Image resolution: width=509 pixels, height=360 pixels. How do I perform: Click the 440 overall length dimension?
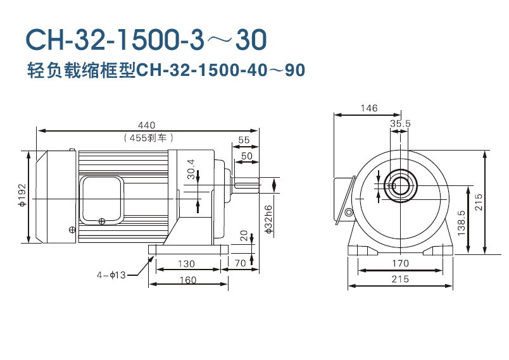click(148, 125)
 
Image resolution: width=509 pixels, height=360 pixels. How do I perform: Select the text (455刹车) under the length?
click(148, 137)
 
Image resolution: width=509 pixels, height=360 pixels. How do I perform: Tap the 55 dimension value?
click(244, 140)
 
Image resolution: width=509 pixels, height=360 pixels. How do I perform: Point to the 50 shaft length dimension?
click(246, 156)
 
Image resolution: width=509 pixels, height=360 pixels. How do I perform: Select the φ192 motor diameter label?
click(21, 196)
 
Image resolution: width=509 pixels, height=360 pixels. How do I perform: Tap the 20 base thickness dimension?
click(244, 235)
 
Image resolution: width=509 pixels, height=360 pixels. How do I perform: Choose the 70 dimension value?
click(240, 263)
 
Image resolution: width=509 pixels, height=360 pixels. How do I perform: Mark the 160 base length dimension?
click(187, 280)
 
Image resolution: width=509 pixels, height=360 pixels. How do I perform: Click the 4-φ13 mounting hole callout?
click(112, 275)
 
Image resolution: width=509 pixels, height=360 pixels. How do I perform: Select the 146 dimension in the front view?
click(368, 108)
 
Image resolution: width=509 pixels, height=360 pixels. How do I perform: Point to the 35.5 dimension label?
click(400, 124)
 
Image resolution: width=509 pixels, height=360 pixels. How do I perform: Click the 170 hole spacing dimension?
click(399, 263)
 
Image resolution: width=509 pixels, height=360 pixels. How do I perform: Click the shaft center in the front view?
click(400, 186)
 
